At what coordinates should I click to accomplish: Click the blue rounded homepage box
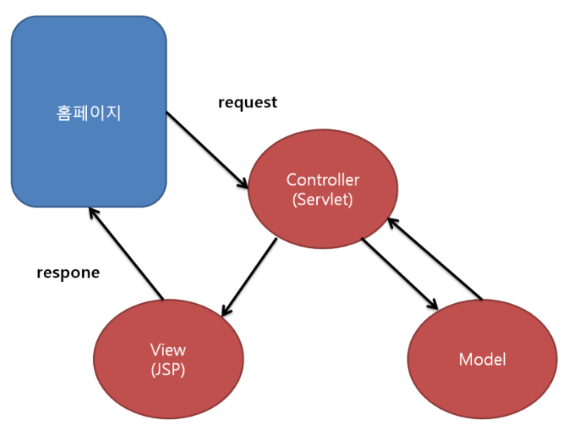click(x=88, y=111)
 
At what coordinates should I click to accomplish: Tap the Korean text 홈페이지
click(x=88, y=113)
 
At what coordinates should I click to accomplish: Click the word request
click(x=248, y=103)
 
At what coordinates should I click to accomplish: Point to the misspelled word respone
click(x=68, y=273)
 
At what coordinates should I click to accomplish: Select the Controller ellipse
click(x=323, y=189)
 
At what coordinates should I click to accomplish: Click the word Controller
click(x=323, y=179)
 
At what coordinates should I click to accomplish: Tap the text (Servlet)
click(x=323, y=199)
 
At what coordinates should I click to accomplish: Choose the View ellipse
click(x=168, y=359)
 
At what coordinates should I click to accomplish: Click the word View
click(x=168, y=350)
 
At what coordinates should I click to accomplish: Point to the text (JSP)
click(x=168, y=370)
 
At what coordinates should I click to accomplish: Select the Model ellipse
click(x=482, y=359)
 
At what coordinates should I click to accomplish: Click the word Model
click(x=482, y=359)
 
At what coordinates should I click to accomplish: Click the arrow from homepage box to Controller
click(x=207, y=150)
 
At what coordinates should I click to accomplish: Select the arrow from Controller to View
click(x=249, y=276)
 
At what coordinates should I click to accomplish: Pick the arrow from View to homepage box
click(x=127, y=254)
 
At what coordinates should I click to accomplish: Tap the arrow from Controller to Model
click(x=399, y=274)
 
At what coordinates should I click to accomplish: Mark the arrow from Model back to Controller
click(x=435, y=258)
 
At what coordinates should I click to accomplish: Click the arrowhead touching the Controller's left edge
click(x=243, y=182)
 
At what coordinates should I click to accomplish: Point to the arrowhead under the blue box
click(x=94, y=213)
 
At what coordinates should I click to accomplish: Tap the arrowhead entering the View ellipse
click(x=226, y=310)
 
